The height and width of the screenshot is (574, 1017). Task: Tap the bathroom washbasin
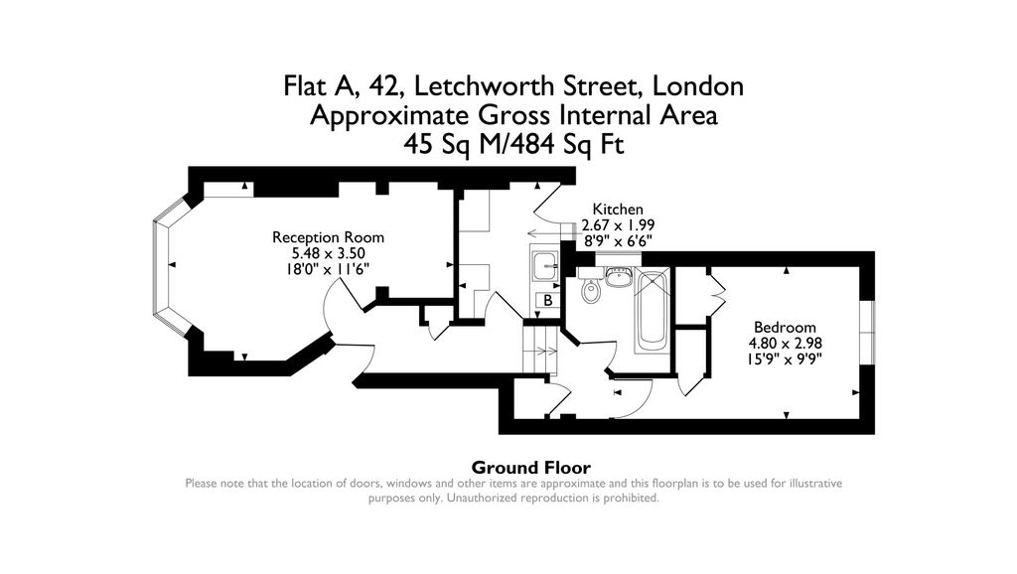point(619,277)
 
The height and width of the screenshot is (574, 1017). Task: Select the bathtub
point(652,310)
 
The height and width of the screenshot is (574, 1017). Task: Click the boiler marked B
point(547,300)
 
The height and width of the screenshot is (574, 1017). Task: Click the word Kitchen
point(618,209)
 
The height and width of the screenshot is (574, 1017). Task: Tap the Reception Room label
point(328,237)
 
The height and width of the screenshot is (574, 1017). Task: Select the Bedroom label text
point(785,328)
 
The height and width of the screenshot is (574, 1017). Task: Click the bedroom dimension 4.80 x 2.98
point(786,343)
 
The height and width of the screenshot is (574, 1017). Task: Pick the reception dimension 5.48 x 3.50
point(328,253)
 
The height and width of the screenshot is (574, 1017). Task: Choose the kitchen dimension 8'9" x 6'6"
point(618,240)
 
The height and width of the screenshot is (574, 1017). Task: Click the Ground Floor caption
point(531,468)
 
